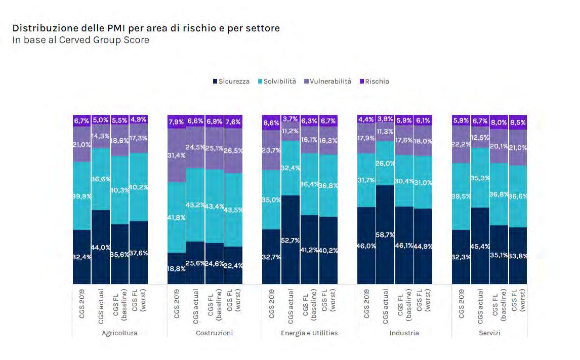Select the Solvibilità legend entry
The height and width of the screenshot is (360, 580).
[277, 82]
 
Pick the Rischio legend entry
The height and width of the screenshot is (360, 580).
[377, 82]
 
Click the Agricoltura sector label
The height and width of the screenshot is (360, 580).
[119, 333]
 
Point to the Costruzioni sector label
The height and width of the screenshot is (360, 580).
[214, 333]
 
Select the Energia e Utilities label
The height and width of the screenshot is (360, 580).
[309, 333]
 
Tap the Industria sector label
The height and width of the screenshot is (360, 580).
[404, 333]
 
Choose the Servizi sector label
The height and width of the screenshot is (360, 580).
[489, 333]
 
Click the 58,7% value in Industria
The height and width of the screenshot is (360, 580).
[386, 235]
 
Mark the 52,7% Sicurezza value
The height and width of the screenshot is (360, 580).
[291, 241]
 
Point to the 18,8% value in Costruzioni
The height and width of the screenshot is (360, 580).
[177, 269]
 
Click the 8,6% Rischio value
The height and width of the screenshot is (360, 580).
[271, 123]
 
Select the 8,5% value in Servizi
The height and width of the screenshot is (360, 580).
[517, 122]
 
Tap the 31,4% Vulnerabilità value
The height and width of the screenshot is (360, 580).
[177, 155]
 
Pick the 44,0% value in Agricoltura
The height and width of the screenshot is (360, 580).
[101, 247]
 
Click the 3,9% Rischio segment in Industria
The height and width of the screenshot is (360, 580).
[386, 119]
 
